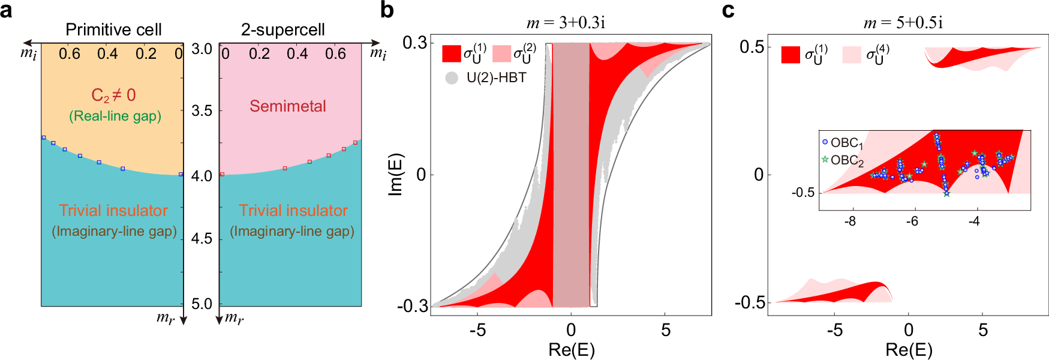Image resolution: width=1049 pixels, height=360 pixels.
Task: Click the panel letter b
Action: tap(387, 11)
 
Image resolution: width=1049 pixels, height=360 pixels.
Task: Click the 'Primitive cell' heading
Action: tap(113, 29)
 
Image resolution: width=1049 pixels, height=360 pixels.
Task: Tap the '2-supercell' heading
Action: tap(282, 29)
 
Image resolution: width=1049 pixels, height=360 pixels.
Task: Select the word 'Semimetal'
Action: tap(288, 106)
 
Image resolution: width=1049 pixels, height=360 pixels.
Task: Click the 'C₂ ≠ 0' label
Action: tap(113, 95)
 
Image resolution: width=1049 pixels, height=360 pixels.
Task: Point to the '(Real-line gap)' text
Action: tap(115, 116)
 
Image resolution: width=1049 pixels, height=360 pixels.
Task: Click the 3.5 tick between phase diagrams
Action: tap(202, 111)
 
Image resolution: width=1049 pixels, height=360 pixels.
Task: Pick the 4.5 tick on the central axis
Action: tap(202, 239)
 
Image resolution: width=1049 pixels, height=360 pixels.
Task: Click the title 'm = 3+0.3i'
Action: tap(566, 23)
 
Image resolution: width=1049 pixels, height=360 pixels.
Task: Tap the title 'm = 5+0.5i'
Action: tap(903, 23)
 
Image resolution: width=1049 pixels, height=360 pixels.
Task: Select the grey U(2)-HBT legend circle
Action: tap(452, 77)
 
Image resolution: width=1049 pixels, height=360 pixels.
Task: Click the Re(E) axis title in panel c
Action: tap(909, 350)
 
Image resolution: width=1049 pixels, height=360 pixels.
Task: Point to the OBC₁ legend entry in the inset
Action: tap(842, 143)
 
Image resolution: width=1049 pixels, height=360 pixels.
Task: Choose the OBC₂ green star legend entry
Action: tap(842, 160)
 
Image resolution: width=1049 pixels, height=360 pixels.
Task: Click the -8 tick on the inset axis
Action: tap(850, 221)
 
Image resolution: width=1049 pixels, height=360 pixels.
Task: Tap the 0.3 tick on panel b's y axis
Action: tap(414, 43)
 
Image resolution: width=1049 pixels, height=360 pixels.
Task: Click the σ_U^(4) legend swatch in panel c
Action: tap(852, 55)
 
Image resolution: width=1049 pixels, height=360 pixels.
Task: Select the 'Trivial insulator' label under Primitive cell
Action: tap(113, 211)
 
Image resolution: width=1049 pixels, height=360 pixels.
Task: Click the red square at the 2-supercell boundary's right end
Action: tap(356, 143)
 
